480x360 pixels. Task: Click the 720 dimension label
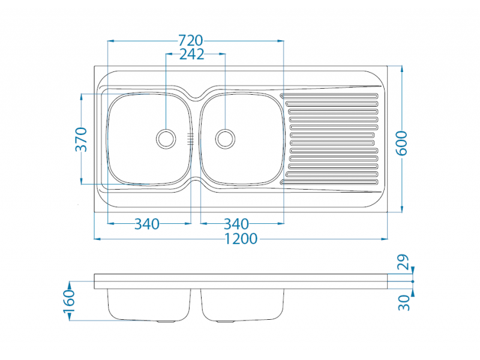[190, 40]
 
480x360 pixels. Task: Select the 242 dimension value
[191, 54]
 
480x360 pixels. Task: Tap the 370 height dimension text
[82, 140]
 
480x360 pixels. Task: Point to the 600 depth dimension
[401, 143]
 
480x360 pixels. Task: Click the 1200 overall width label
[241, 239]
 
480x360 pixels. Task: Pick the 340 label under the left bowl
[147, 224]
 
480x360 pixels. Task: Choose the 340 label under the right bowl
[236, 224]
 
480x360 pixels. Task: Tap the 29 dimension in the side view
[403, 262]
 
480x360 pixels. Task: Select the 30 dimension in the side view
[404, 303]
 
